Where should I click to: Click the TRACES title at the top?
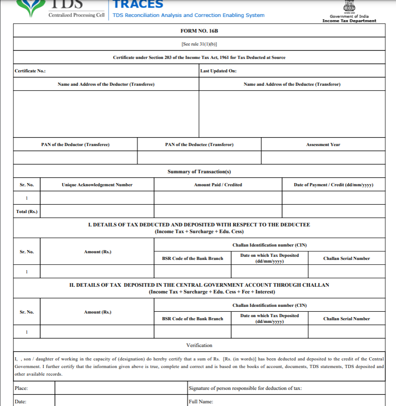click(x=138, y=5)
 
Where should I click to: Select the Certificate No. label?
click(x=30, y=71)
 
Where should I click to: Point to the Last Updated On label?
click(x=219, y=71)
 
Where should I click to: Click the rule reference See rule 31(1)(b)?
click(x=199, y=44)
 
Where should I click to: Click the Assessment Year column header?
click(x=323, y=144)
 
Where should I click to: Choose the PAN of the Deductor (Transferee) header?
click(x=75, y=144)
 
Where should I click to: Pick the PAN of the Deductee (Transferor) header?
click(x=199, y=144)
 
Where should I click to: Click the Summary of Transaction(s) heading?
click(x=199, y=172)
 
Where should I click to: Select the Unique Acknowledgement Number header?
click(x=97, y=185)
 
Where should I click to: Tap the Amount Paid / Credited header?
click(x=218, y=185)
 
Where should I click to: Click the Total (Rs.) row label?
click(x=27, y=211)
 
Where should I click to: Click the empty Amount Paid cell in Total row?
click(x=218, y=211)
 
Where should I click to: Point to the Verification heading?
click(x=199, y=345)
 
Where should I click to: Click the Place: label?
click(x=21, y=388)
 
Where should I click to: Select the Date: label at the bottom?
click(x=21, y=402)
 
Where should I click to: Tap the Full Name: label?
click(x=201, y=402)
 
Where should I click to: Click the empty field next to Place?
click(x=120, y=388)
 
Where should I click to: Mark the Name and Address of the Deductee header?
click(x=292, y=84)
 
